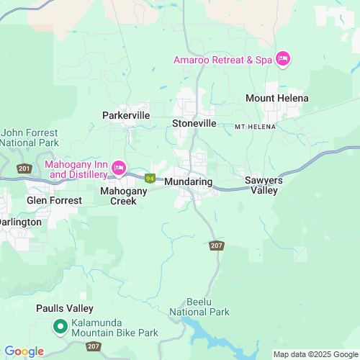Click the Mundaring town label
(x=188, y=182)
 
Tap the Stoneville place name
(x=194, y=123)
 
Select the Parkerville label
(x=125, y=114)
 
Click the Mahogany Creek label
(x=123, y=196)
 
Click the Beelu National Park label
(x=199, y=307)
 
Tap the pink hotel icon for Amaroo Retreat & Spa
(x=282, y=59)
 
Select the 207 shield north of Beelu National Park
(x=217, y=246)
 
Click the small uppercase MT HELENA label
(x=255, y=127)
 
